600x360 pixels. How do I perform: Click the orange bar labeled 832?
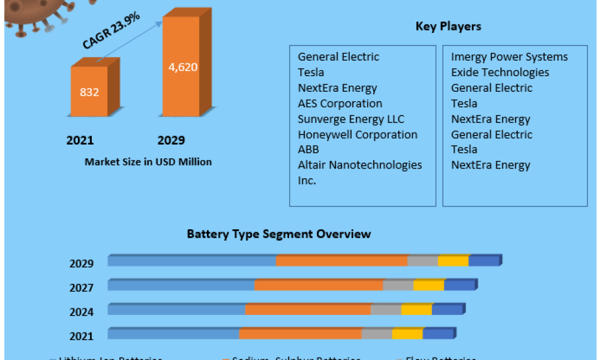click(89, 91)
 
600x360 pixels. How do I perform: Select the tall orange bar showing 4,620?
click(181, 66)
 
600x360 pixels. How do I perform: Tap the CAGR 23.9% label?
click(111, 31)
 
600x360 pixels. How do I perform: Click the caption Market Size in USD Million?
click(148, 161)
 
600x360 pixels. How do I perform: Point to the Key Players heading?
click(448, 26)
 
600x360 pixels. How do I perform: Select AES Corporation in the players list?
click(340, 103)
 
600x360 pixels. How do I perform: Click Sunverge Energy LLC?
click(351, 119)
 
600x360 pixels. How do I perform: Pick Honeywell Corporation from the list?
click(357, 134)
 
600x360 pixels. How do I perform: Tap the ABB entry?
click(308, 149)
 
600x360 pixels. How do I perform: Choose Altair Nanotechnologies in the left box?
click(359, 165)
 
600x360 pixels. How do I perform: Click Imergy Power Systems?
click(509, 57)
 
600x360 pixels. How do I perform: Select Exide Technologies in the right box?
click(500, 72)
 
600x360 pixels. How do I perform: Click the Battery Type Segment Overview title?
click(278, 233)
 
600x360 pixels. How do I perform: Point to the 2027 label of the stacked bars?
click(81, 288)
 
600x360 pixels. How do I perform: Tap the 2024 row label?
click(81, 312)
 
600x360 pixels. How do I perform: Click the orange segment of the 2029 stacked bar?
click(341, 261)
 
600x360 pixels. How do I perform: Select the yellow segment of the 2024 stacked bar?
click(416, 310)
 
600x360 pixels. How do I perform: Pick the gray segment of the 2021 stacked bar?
click(376, 334)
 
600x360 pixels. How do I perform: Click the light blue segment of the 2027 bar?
click(181, 285)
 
